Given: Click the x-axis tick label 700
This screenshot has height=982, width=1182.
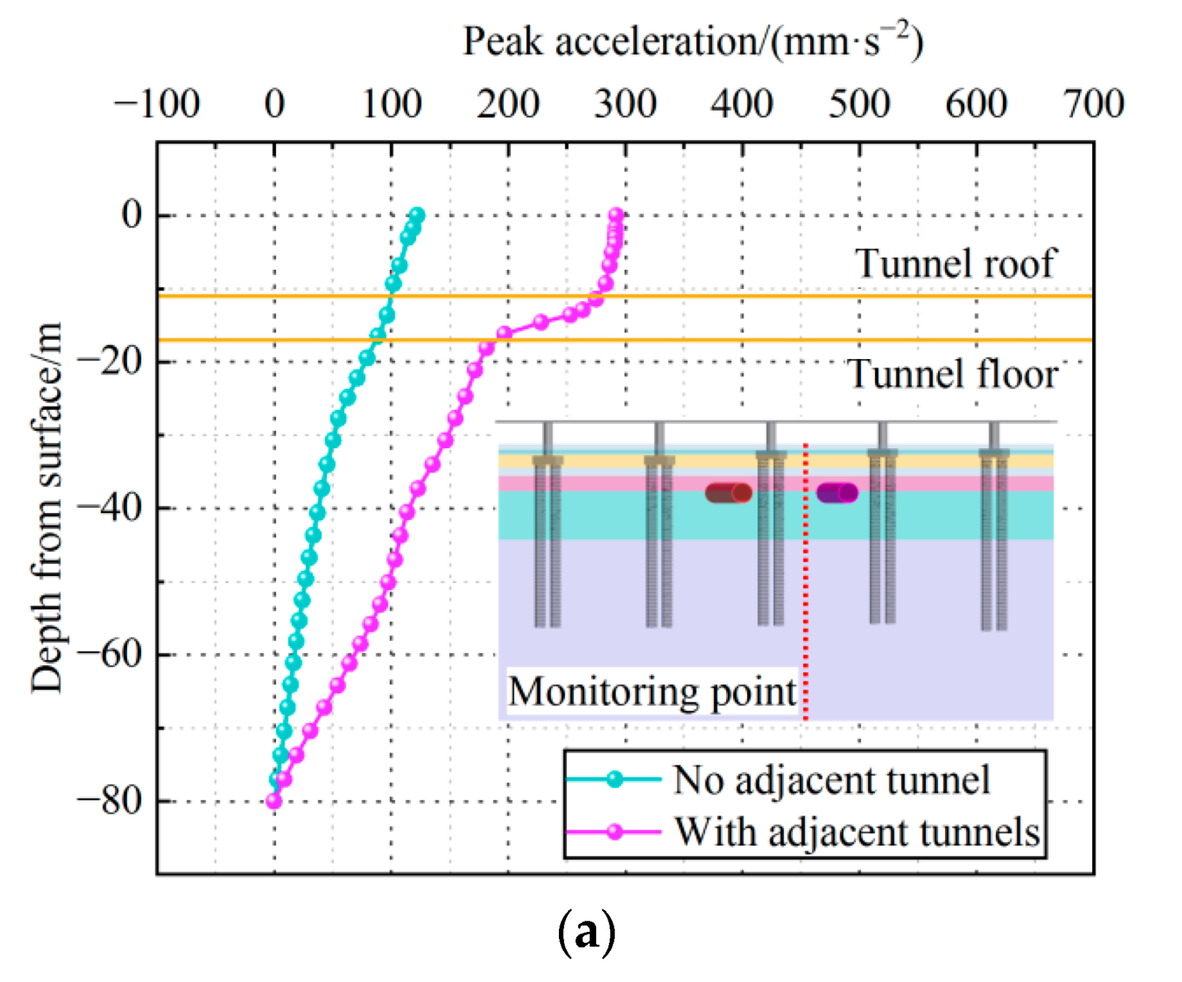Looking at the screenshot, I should coord(1093,103).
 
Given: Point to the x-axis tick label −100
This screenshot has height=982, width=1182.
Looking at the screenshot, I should coord(156,103).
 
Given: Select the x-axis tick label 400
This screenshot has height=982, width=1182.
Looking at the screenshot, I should coord(742,103).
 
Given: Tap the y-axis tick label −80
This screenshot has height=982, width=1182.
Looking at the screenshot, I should coord(110,801).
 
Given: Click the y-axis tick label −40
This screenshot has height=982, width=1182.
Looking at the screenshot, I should coord(110,507).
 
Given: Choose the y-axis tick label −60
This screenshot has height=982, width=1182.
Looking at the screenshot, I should coord(110,654).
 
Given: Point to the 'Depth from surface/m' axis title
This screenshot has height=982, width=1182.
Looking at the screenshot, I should coord(46,507).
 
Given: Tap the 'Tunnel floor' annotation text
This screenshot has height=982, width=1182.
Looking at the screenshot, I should coord(952,374).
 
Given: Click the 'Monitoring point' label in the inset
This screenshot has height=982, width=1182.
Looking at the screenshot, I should coord(652,691).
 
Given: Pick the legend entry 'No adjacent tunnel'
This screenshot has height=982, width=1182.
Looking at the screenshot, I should coord(831,779).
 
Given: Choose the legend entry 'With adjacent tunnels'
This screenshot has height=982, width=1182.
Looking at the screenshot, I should coord(857,831).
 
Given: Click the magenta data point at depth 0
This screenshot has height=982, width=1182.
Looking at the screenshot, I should coord(616,215).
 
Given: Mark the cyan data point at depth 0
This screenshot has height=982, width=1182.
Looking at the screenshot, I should coord(418,215).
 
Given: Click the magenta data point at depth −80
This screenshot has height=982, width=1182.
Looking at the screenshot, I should coord(273,801).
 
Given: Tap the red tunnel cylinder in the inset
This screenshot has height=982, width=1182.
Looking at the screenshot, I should coord(728,492).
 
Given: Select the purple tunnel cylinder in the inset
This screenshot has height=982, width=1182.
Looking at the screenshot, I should coord(837,492).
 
